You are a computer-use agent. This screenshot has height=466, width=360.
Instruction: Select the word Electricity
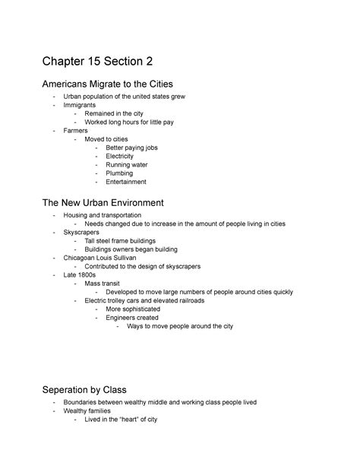(119, 156)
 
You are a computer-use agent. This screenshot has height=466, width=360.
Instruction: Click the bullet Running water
(126, 165)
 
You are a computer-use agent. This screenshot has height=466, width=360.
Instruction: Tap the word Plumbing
(118, 173)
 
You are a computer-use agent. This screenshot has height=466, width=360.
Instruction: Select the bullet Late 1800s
(81, 274)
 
